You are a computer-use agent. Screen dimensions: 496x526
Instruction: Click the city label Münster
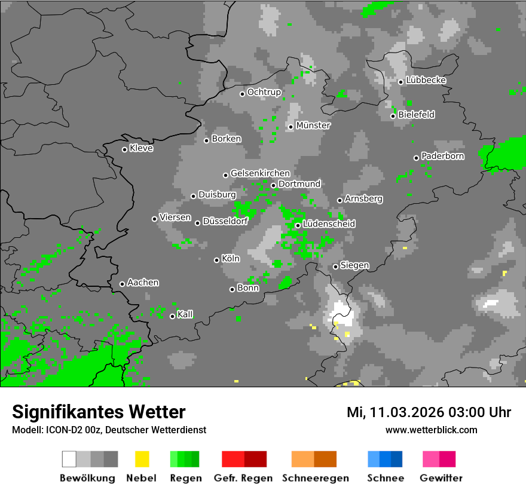[313, 125]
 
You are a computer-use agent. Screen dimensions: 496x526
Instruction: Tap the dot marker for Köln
[216, 260]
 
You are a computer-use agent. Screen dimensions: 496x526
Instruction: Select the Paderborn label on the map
[442, 156]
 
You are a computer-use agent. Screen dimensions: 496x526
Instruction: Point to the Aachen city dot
[122, 284]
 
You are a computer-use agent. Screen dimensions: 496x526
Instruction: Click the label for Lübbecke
[426, 80]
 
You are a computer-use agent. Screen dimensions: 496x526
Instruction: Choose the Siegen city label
[354, 265]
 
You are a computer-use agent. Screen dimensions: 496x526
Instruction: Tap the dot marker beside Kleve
[124, 149]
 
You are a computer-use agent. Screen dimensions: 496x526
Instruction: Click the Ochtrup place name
[264, 92]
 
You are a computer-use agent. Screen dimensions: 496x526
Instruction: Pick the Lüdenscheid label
[329, 223]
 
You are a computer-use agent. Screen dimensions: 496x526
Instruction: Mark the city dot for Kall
[172, 316]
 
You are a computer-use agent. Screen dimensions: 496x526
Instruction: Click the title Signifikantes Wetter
[99, 412]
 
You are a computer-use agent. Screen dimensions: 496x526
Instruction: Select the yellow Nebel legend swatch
[142, 459]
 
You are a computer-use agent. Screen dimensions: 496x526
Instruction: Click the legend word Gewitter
[441, 478]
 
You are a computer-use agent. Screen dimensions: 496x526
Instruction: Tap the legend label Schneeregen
[316, 478]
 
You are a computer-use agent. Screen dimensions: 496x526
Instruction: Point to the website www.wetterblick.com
[431, 430]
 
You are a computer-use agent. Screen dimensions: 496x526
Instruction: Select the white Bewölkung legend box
[69, 459]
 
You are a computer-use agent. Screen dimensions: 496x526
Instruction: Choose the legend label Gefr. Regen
[243, 478]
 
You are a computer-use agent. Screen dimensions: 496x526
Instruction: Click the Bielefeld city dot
[393, 116]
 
